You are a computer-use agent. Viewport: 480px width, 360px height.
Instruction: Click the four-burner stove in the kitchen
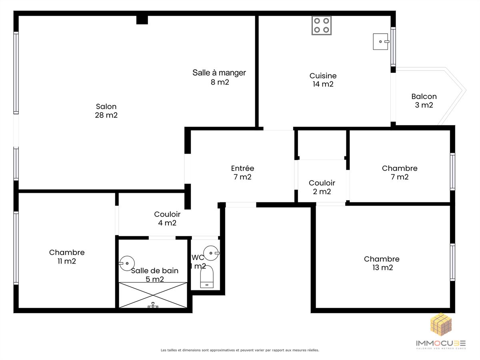tap(322, 25)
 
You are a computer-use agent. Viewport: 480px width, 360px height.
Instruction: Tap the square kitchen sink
tap(381, 42)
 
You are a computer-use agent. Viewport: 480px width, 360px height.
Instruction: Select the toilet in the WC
tap(207, 277)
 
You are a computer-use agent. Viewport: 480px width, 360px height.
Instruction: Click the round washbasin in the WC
tap(211, 253)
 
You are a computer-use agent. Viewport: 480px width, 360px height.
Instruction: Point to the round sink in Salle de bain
tap(127, 263)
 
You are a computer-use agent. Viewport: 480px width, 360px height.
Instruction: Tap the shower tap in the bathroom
tap(153, 305)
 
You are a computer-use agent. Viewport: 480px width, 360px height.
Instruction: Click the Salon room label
tap(106, 111)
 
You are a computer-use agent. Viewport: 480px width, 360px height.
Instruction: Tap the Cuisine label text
tap(323, 76)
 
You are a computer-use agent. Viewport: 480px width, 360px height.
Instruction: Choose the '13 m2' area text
tap(383, 268)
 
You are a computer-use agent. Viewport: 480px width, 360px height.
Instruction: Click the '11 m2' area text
tap(67, 261)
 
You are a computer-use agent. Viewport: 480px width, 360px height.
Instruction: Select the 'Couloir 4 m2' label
tap(167, 218)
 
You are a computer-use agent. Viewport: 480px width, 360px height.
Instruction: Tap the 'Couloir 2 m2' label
tap(322, 187)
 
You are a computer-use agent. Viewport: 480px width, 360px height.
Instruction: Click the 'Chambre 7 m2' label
tap(400, 172)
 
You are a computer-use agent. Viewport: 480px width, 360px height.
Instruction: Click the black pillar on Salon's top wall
tap(142, 20)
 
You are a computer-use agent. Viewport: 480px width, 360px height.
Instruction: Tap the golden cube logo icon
tap(441, 324)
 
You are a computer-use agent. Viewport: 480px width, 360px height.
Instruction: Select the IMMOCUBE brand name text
tap(441, 343)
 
